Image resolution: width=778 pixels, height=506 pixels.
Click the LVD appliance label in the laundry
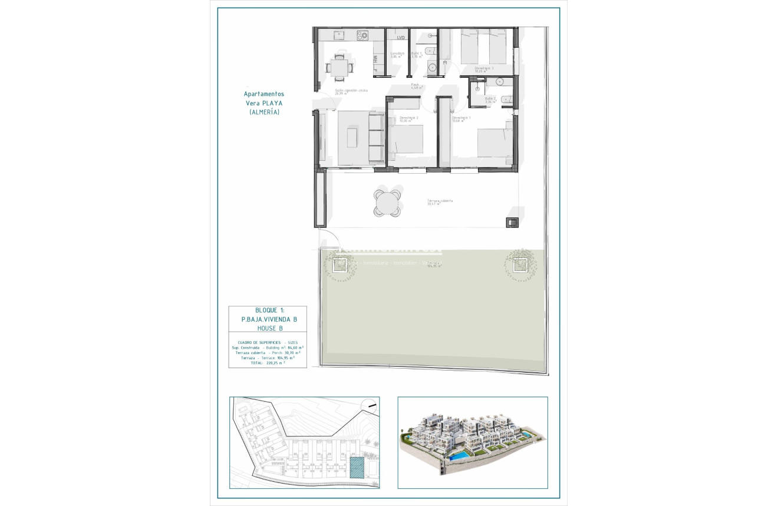[x=401, y=38]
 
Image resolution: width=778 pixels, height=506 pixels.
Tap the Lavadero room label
[x=397, y=55]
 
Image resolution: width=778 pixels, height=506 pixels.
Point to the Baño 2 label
[x=490, y=100]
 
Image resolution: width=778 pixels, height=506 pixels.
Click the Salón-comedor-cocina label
[x=351, y=91]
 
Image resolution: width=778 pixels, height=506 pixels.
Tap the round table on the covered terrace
[x=387, y=202]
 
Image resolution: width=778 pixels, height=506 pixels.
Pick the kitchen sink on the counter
[x=339, y=36]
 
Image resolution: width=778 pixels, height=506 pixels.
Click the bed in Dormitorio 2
[x=407, y=140]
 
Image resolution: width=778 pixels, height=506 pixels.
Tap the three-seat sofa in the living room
[x=375, y=140]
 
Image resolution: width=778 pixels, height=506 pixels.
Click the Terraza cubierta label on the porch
[x=440, y=201]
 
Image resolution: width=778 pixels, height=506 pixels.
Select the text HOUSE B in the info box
[x=270, y=328]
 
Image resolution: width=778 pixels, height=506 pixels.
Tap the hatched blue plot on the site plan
[x=357, y=468]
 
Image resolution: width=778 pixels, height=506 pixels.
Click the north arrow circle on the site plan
[x=370, y=404]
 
